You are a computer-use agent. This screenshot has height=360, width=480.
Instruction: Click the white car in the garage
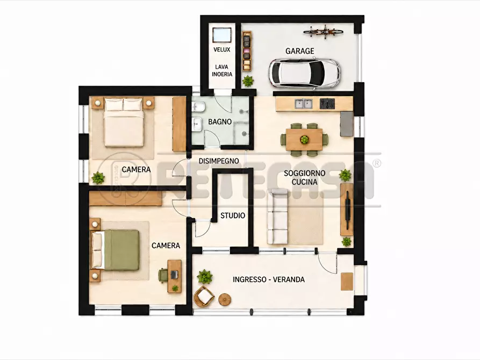pos(304,74)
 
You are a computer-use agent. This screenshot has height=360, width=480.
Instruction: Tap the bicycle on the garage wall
pos(323,32)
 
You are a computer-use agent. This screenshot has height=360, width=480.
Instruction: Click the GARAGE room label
pos(300,51)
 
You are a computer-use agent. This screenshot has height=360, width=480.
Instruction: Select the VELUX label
pos(221,49)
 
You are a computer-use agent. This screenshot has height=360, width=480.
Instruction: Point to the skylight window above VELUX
pos(221,34)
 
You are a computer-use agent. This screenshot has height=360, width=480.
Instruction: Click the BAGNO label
pos(219,122)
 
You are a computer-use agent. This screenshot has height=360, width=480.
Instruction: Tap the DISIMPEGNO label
pos(219,161)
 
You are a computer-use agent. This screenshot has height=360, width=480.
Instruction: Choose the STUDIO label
pos(233,215)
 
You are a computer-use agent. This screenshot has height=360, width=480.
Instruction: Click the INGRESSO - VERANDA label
pos(268,279)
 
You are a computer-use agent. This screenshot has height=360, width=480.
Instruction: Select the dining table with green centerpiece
pos(304,139)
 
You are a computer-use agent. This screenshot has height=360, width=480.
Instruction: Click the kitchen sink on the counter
pos(303,104)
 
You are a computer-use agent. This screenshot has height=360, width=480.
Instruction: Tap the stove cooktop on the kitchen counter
pos(327,104)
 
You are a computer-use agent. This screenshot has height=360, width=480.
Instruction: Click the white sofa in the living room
pos(277,217)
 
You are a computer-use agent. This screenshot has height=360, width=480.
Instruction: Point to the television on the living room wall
pos(348,210)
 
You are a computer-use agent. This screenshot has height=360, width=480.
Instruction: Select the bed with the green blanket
pos(116,250)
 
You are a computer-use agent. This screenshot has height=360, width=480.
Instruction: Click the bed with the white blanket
pos(124,122)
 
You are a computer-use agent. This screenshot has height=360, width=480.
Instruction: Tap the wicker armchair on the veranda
pos(204,296)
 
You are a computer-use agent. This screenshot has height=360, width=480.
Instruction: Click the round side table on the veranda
pos(225,299)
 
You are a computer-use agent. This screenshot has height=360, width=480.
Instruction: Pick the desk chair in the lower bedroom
pos(163,274)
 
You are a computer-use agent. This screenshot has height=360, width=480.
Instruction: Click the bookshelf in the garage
pos(246,51)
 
